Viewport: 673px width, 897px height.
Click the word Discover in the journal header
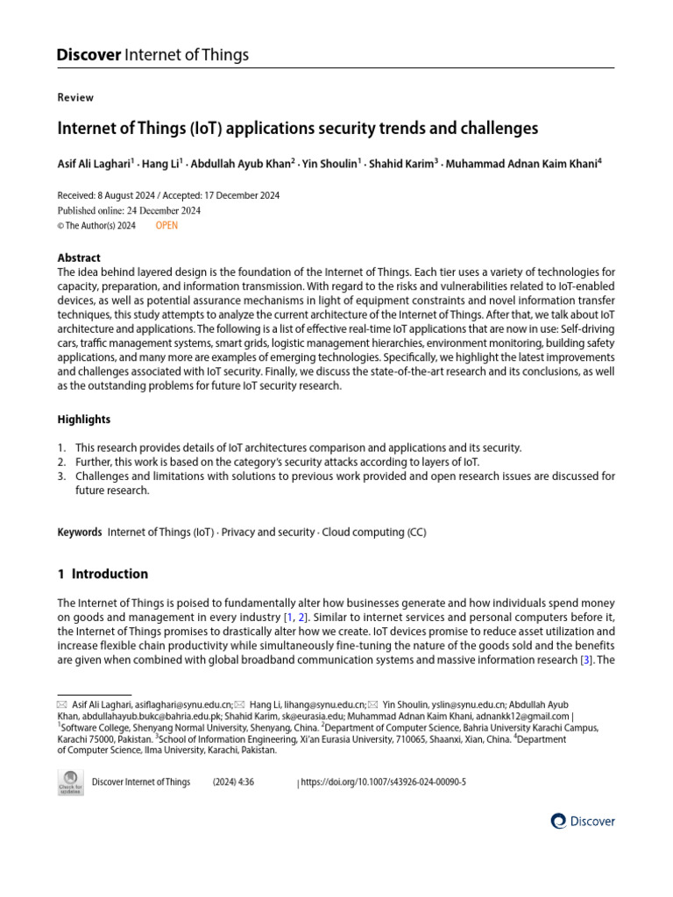89,55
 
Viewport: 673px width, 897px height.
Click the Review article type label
75,97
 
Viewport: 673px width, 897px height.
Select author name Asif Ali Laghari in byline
94,163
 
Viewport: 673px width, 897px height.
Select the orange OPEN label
166,225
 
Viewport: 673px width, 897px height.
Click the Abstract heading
79,258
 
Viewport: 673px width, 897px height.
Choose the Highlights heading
84,420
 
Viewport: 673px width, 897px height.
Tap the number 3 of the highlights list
61,476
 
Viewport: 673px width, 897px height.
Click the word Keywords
80,532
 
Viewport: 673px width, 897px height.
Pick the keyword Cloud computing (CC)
372,532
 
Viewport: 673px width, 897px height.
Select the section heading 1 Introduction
103,574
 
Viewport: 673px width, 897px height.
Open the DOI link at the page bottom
384,782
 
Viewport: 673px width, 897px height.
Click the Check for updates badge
70,783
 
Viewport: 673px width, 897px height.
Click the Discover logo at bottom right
583,821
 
